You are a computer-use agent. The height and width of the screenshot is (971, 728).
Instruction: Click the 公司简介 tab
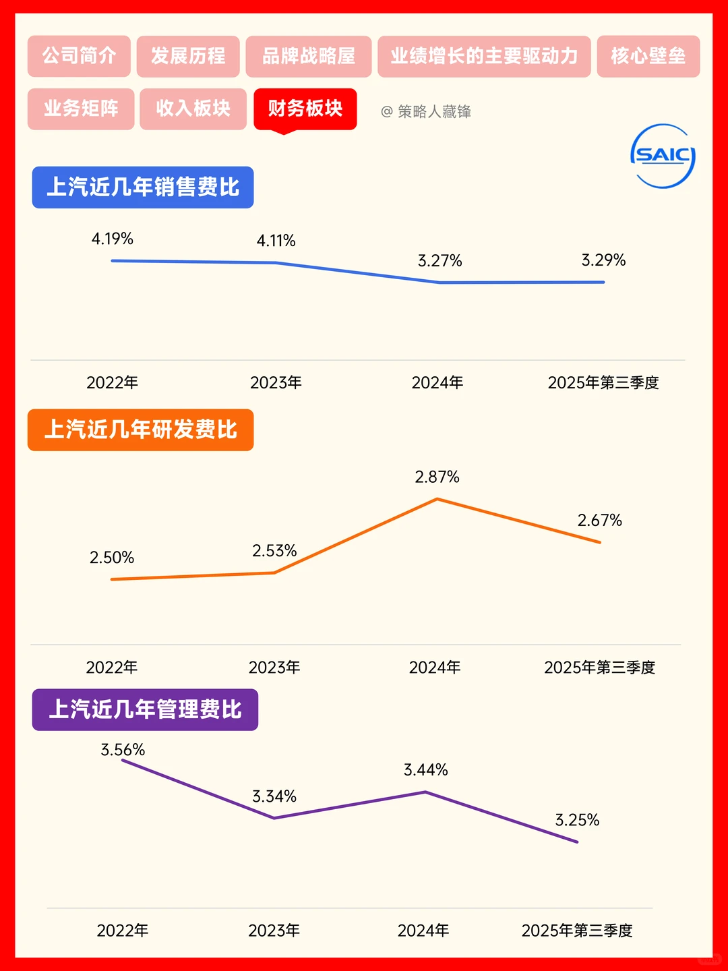click(x=79, y=56)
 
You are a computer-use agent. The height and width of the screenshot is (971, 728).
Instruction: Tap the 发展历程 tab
click(x=188, y=56)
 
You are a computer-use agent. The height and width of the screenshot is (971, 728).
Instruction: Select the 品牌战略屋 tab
click(x=309, y=56)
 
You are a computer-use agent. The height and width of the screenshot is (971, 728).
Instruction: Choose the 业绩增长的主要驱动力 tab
click(x=484, y=56)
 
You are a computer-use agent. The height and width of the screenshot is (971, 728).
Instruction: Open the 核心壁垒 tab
click(x=648, y=56)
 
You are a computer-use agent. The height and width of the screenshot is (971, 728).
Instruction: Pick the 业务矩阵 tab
click(x=81, y=109)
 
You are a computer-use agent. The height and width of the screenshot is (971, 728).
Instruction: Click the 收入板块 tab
click(x=193, y=109)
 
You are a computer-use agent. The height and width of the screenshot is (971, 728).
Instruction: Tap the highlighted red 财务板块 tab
click(x=305, y=109)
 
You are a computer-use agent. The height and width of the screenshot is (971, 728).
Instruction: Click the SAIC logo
click(x=663, y=156)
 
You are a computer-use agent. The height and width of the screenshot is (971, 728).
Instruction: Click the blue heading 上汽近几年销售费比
click(x=143, y=187)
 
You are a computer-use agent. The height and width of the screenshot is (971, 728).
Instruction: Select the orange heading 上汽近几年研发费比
click(x=140, y=430)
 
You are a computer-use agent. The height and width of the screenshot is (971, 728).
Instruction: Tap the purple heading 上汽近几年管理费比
click(x=145, y=709)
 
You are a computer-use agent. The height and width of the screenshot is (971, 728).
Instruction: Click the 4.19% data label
click(x=113, y=239)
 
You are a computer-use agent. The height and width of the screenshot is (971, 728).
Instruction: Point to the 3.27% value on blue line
click(x=439, y=261)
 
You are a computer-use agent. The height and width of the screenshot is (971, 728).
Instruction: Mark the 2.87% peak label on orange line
click(x=437, y=477)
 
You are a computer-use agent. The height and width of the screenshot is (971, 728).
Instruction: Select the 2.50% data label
click(x=112, y=558)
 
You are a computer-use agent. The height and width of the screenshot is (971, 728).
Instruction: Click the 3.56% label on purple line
click(x=123, y=750)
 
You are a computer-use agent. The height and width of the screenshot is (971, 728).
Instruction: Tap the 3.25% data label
click(x=577, y=820)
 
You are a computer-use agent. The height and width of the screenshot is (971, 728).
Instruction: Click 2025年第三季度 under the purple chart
click(x=577, y=931)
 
